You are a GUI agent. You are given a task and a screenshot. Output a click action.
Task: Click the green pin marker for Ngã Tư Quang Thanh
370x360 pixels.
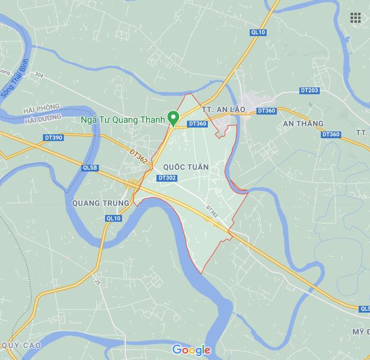175,118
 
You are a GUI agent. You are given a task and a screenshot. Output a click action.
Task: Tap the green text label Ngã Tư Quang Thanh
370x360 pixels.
123,120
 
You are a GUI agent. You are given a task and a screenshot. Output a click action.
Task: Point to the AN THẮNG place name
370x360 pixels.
303,124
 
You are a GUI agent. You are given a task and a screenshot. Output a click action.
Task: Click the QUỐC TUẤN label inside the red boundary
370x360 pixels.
185,168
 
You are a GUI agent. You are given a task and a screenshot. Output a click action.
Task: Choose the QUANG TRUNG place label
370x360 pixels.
101,203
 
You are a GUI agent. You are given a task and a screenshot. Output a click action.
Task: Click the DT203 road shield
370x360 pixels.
310,91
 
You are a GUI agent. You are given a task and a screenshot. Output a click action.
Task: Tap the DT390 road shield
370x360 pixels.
53,138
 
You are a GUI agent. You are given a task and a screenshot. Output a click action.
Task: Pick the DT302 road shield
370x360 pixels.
168,178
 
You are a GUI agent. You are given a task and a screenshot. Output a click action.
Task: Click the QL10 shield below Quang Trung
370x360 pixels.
114,218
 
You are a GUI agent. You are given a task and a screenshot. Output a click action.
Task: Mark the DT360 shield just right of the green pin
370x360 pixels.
198,124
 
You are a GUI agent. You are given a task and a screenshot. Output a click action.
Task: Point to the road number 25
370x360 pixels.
97,280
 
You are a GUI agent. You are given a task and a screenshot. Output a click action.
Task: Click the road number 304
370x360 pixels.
39,74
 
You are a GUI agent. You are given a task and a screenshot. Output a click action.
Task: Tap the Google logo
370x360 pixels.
191,350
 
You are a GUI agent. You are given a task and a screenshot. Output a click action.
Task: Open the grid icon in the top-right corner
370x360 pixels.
355,18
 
